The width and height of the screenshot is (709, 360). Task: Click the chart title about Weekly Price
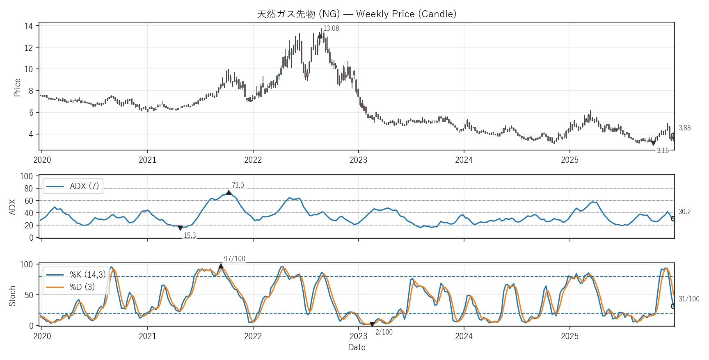[x=357, y=14]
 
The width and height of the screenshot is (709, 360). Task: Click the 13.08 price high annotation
[x=331, y=28]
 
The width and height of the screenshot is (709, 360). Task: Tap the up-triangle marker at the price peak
[x=320, y=36]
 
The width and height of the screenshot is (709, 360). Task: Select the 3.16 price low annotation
[x=663, y=150]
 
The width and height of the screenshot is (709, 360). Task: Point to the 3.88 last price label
[x=684, y=128]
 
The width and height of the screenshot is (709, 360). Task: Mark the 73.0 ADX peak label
[x=238, y=185]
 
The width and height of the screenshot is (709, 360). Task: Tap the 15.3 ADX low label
[x=190, y=235]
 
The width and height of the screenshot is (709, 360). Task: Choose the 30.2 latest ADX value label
[x=684, y=212]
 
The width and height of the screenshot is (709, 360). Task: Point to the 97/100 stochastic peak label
[x=234, y=259]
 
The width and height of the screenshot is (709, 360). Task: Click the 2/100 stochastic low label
[x=384, y=332]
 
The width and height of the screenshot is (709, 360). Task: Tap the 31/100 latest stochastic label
[x=689, y=299]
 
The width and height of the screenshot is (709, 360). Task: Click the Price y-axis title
[x=17, y=87]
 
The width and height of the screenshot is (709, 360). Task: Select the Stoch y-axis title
[x=12, y=296]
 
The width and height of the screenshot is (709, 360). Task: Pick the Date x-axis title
[x=357, y=347]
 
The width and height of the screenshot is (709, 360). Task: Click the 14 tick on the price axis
[x=29, y=26]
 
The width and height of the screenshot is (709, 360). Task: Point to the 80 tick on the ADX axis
[x=29, y=189]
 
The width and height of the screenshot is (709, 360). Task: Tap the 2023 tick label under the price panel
[x=358, y=160]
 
